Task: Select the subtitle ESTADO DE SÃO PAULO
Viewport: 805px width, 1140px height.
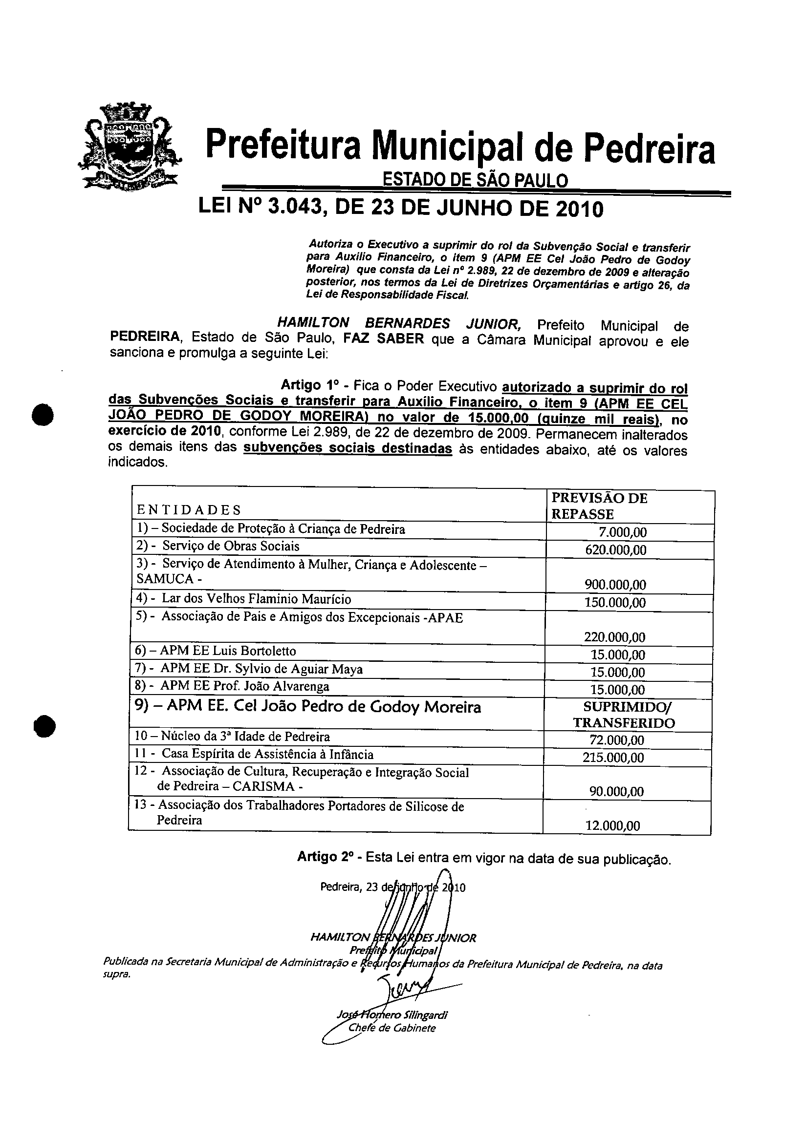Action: (475, 180)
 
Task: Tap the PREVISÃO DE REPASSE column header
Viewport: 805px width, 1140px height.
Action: (599, 506)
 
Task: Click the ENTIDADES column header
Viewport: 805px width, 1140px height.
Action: (189, 510)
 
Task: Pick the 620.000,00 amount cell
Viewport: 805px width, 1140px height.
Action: (616, 549)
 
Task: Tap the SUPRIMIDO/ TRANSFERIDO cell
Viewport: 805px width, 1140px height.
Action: (624, 715)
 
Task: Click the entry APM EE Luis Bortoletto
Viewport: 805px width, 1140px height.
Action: (229, 651)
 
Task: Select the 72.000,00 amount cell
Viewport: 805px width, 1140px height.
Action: (617, 740)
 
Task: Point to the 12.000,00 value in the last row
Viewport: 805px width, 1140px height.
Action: (613, 826)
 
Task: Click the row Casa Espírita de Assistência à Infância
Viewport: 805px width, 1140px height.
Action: (267, 755)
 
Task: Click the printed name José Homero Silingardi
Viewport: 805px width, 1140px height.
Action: (392, 1015)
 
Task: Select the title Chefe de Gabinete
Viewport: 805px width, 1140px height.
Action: (392, 1028)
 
